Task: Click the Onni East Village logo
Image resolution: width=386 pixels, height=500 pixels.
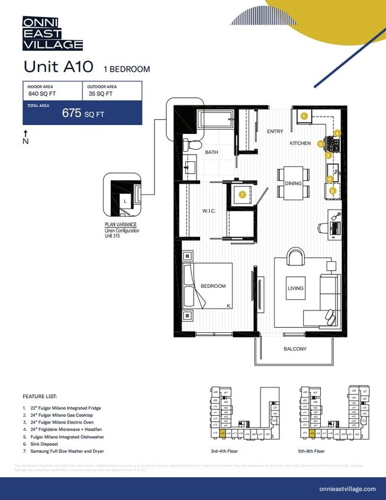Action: (x=52, y=33)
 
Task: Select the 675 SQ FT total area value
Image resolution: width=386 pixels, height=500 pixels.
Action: (x=83, y=114)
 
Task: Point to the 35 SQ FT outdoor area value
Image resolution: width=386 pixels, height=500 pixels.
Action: (x=101, y=94)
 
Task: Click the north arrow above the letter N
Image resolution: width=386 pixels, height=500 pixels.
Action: (x=25, y=133)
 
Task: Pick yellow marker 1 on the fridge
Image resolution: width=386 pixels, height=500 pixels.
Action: (x=304, y=116)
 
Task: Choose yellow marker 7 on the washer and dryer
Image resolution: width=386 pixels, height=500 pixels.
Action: (x=242, y=194)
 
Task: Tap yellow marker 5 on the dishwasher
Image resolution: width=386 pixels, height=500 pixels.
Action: (x=333, y=191)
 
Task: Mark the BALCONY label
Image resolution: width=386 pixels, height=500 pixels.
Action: (x=295, y=349)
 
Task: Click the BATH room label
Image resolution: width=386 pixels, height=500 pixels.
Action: (x=211, y=152)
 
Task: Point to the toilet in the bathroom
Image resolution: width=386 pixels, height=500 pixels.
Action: (x=192, y=145)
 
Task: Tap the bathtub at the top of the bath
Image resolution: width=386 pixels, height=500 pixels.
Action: (x=218, y=120)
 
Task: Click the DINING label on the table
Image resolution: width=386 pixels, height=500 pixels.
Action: (x=293, y=184)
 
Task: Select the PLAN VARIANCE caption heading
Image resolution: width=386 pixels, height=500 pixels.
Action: (x=120, y=225)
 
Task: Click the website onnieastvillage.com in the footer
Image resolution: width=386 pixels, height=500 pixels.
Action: (x=347, y=489)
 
